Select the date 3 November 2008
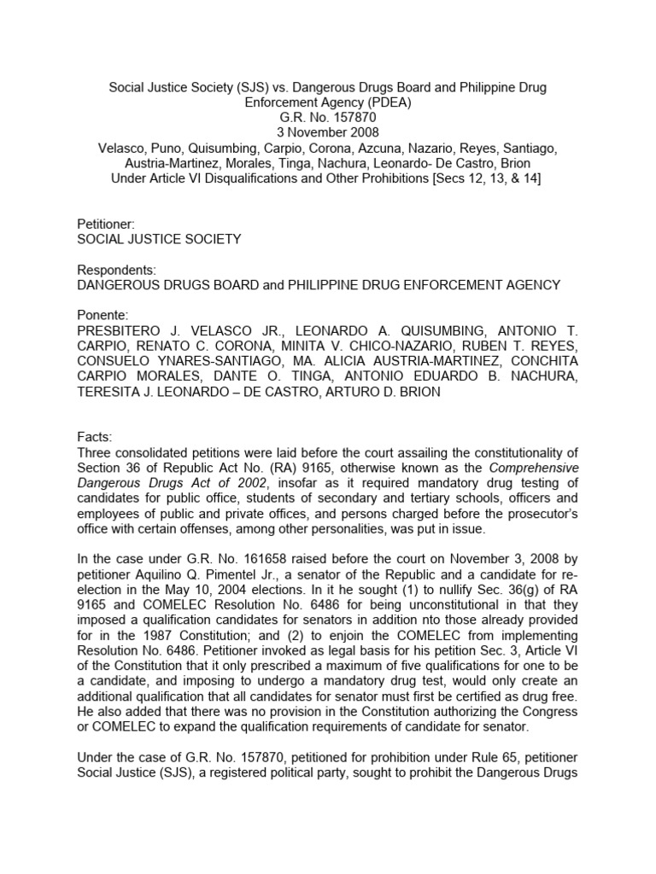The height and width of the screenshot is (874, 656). pyautogui.click(x=328, y=132)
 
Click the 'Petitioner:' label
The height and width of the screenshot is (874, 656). pyautogui.click(x=104, y=224)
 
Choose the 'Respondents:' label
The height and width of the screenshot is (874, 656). pyautogui.click(x=116, y=270)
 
